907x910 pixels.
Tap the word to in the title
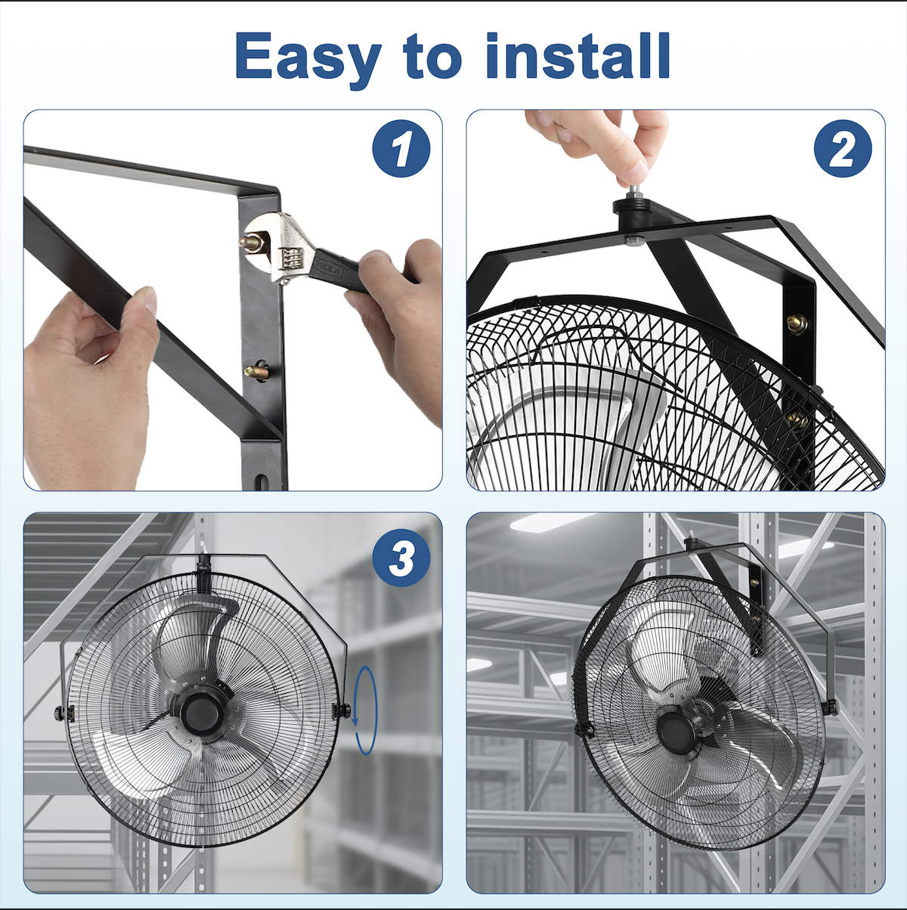click(432, 57)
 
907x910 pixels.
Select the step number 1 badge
click(401, 149)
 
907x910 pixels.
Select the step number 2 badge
click(843, 149)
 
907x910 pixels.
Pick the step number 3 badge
click(401, 558)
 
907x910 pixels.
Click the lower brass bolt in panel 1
click(257, 371)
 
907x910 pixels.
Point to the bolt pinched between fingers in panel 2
click(631, 191)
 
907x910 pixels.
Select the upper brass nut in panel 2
click(797, 323)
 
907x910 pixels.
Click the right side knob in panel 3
click(342, 710)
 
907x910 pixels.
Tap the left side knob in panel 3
click(60, 713)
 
